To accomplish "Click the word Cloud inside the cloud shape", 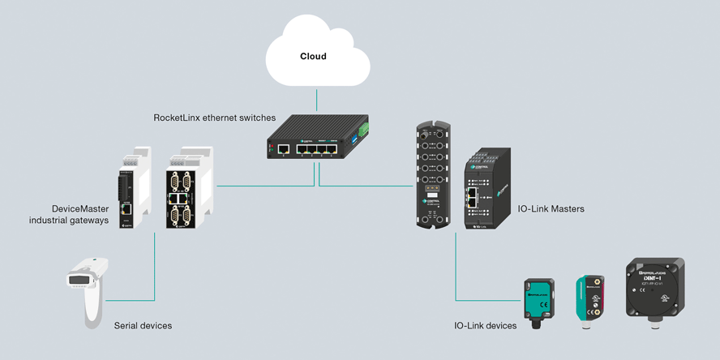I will coord(313,57).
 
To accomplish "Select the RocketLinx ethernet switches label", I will coord(214,118).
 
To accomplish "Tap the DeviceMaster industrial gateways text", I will coord(68,214).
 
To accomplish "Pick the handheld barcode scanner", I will coord(87,288).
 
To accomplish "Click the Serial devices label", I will coord(143,326).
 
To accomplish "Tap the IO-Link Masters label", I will coord(551,209).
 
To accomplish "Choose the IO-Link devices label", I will coord(485,326).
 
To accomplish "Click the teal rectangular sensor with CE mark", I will coord(539,301).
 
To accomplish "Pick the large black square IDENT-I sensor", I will coord(654,289).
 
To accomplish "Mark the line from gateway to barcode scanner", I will coord(154,268).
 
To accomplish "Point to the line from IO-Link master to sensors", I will coord(456,268).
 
